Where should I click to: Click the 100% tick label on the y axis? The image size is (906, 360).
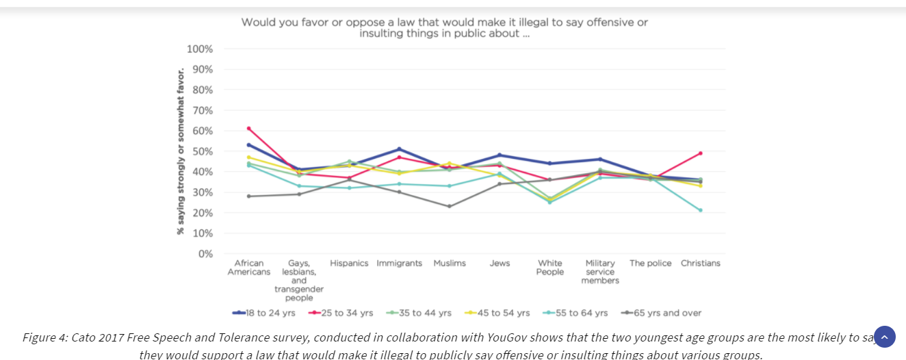tap(199, 49)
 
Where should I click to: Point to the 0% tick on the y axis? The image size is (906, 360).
tap(205, 254)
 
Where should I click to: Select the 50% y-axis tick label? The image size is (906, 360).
tap(202, 151)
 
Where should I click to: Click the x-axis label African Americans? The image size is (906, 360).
tap(249, 268)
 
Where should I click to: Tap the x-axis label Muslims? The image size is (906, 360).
tap(450, 263)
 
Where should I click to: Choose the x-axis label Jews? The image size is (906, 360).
tap(500, 263)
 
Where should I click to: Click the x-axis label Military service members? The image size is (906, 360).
tap(600, 272)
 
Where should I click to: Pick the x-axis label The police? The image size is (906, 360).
tap(650, 263)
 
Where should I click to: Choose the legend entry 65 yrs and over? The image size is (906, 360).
tap(662, 313)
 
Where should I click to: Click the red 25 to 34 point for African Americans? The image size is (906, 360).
tap(249, 128)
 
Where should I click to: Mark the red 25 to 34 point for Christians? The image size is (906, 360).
tap(700, 153)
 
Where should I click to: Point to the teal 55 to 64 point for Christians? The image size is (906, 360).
tap(700, 210)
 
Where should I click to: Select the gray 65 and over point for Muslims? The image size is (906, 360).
tap(450, 206)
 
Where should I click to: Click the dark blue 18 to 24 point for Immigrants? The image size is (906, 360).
tap(399, 149)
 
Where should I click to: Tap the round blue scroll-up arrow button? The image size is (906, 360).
tap(884, 337)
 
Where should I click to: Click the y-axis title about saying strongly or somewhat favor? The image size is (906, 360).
tap(181, 151)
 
